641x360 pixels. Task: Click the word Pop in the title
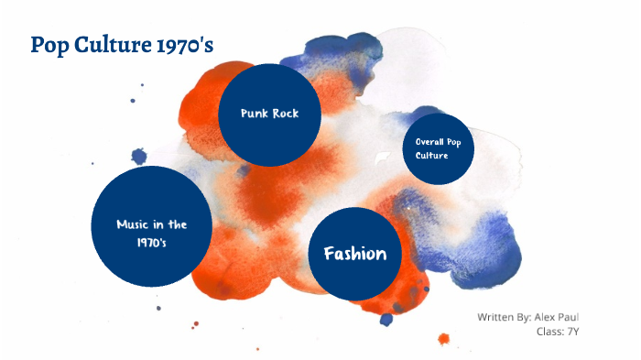pyautogui.click(x=49, y=44)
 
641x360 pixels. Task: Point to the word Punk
pyautogui.click(x=254, y=114)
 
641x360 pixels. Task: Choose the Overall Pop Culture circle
pyautogui.click(x=439, y=148)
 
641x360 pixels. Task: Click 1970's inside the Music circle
pyautogui.click(x=152, y=243)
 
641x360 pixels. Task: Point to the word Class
pyautogui.click(x=549, y=331)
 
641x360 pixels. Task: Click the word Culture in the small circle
pyautogui.click(x=431, y=156)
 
